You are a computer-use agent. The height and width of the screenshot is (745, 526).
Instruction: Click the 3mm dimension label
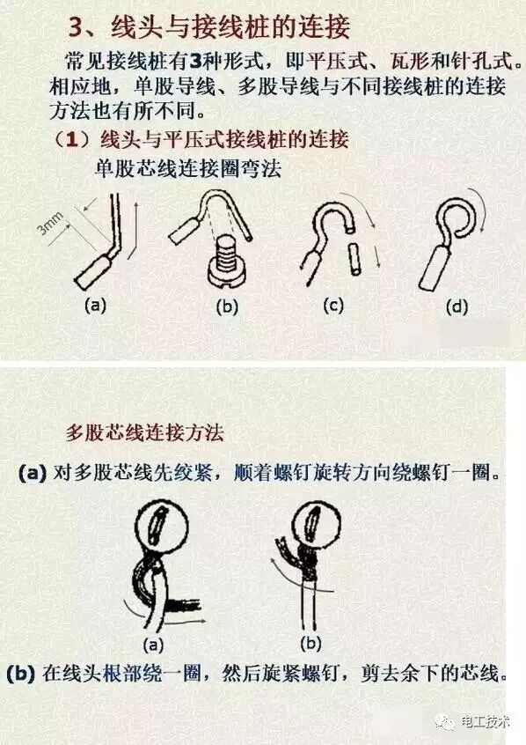(51, 224)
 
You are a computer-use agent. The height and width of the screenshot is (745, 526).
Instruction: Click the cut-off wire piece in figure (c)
(354, 259)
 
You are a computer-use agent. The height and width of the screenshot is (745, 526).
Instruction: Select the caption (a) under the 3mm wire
(95, 305)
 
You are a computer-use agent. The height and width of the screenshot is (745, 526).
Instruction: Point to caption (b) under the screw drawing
(227, 306)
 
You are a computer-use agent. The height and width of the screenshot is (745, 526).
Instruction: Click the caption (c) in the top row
(332, 305)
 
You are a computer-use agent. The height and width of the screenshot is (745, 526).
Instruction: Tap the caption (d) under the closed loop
(457, 306)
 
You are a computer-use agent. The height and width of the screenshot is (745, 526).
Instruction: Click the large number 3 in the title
(76, 27)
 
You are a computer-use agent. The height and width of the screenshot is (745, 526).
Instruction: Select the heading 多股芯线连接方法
(144, 432)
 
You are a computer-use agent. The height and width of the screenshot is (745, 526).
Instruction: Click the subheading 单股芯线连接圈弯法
(188, 168)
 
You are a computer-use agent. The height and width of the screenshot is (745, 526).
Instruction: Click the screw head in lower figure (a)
(162, 527)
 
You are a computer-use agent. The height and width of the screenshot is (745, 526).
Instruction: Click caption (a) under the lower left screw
(153, 645)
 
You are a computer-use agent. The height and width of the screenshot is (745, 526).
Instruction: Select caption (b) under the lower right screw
(311, 644)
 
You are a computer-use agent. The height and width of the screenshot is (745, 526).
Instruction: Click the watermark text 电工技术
(486, 722)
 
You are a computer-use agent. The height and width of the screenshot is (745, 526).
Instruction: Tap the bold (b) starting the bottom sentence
(21, 674)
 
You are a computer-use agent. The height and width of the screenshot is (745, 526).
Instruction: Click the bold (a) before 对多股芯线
(33, 473)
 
